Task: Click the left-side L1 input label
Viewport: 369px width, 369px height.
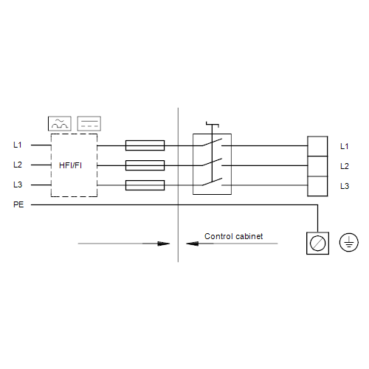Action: coord(18,145)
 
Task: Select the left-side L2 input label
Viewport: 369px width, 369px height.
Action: coord(18,165)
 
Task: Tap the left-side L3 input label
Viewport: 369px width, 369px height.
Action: coord(18,184)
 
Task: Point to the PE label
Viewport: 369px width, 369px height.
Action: coord(18,204)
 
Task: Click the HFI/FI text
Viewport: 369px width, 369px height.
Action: coord(70,165)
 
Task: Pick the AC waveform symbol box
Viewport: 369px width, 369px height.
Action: coord(60,123)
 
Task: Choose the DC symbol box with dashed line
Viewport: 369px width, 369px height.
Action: coord(89,123)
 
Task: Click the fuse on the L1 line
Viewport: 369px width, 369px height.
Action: coord(145,145)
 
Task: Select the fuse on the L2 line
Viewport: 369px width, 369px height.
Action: coord(145,165)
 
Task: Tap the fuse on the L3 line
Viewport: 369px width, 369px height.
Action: coord(145,185)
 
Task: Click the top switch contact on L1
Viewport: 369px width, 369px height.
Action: coord(212,142)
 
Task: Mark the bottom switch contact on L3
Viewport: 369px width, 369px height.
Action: coord(212,182)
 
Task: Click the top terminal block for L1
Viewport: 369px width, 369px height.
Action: coord(317,146)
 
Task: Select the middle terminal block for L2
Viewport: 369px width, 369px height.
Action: coord(317,166)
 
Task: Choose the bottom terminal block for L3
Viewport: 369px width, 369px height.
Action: coord(317,186)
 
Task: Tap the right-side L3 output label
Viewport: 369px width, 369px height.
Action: coord(345,186)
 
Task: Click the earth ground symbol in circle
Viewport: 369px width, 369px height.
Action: coord(349,242)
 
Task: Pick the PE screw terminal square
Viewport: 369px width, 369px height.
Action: coord(317,244)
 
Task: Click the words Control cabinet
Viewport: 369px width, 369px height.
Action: coord(233,236)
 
